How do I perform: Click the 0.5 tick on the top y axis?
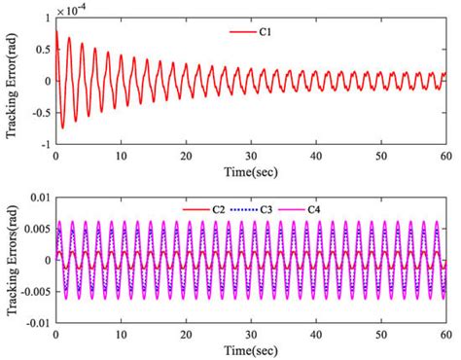(40, 50)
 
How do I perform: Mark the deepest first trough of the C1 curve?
(62, 127)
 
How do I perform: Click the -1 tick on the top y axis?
(43, 143)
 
